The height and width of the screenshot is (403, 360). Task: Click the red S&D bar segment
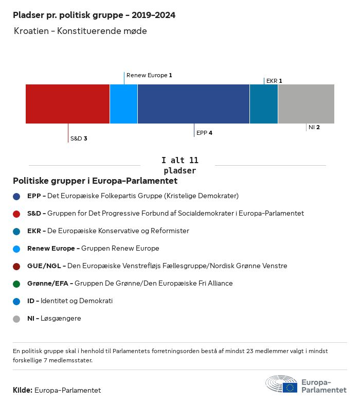(67, 104)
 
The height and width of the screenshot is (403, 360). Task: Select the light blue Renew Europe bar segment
(123, 104)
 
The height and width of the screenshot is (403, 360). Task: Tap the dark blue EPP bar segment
(193, 104)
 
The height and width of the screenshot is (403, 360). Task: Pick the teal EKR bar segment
(263, 104)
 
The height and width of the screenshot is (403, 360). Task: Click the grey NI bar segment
(306, 104)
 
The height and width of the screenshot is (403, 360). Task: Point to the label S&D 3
(79, 138)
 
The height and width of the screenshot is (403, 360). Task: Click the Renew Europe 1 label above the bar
(149, 75)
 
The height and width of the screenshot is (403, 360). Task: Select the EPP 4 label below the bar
(204, 133)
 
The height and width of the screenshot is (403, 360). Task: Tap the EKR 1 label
(274, 81)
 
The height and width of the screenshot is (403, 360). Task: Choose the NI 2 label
(314, 127)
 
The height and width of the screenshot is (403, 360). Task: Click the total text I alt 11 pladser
(179, 165)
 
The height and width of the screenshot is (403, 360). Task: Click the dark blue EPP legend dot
(17, 196)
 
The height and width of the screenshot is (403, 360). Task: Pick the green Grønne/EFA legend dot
(17, 284)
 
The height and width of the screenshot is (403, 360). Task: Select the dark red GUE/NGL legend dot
(17, 266)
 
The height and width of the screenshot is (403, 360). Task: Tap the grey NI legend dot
(17, 319)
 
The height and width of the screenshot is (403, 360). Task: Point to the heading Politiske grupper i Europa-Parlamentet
(95, 181)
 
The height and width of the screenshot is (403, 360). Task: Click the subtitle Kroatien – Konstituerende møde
(80, 31)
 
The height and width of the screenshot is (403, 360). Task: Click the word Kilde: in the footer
(23, 390)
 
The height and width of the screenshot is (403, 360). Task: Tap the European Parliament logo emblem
(281, 384)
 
